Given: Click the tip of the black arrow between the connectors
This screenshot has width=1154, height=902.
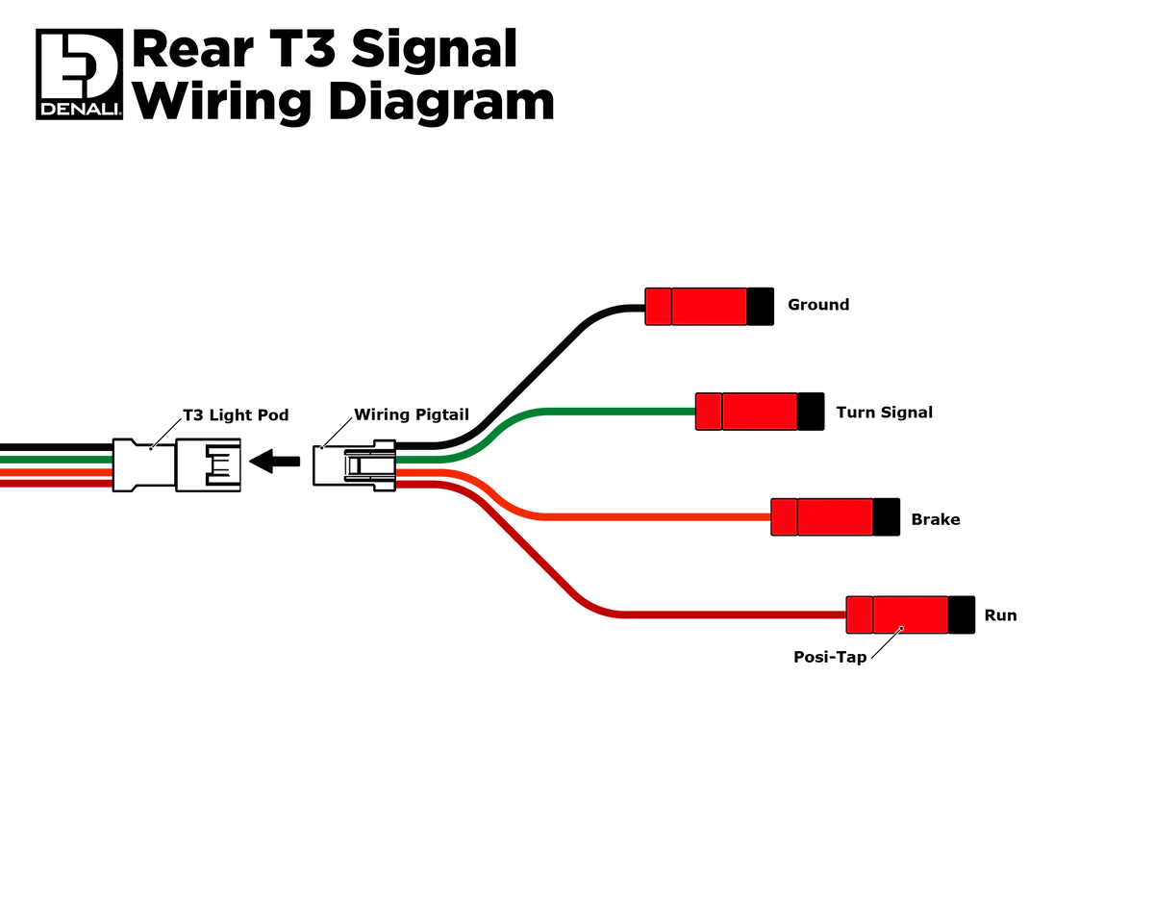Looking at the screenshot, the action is click(250, 461).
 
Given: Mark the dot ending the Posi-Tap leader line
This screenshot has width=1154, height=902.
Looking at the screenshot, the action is click(901, 629).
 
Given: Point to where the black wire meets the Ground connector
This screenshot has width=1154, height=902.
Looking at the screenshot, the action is click(645, 308).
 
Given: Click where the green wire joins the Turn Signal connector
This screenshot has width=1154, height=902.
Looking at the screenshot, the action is click(695, 412).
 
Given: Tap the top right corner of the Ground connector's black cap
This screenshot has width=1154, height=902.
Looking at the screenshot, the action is click(773, 288).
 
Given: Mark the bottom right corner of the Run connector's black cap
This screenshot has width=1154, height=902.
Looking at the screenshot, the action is click(974, 633).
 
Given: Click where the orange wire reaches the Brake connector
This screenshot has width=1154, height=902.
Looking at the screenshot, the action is click(771, 516).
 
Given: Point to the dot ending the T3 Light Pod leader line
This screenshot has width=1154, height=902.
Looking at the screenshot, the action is click(151, 449).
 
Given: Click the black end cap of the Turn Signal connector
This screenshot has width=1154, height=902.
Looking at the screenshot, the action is click(811, 412).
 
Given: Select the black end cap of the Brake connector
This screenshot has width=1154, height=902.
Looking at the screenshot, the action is click(887, 516).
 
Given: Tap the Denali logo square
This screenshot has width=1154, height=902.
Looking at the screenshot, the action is click(79, 74).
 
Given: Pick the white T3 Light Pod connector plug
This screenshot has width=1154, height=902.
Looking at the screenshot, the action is click(176, 465).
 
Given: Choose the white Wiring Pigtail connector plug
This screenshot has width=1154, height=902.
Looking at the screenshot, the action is click(354, 465).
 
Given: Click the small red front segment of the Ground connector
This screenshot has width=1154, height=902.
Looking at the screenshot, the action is click(659, 307).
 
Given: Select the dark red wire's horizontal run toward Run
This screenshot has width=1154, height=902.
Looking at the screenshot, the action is click(734, 614).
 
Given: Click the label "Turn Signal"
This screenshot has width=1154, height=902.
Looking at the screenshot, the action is click(884, 413).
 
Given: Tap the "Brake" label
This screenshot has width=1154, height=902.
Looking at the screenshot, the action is click(935, 519).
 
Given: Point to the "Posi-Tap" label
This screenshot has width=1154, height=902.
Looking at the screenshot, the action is click(830, 657).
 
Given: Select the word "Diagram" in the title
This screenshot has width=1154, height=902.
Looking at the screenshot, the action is click(441, 102).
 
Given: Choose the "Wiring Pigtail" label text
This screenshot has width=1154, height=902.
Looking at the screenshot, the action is click(412, 414).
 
